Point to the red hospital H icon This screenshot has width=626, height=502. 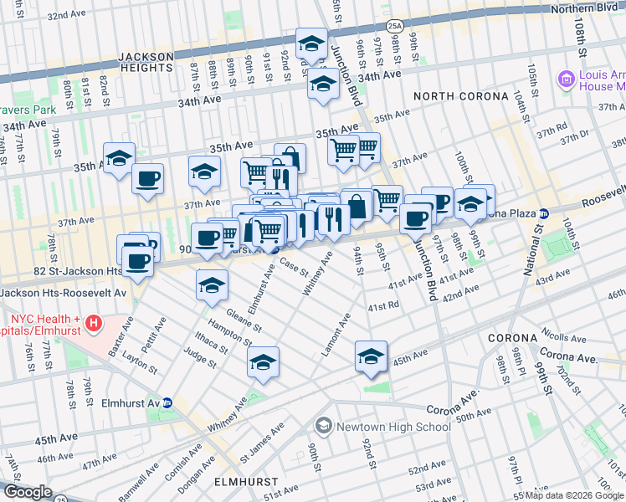tap(93, 322)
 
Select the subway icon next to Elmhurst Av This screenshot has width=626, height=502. tap(167, 402)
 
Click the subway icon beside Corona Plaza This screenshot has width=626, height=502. tap(543, 213)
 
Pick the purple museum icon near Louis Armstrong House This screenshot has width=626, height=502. tap(567, 80)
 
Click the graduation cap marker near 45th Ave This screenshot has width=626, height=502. tap(371, 356)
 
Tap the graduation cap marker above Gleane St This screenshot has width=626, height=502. tap(213, 284)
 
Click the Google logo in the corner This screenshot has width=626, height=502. tap(28, 492)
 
